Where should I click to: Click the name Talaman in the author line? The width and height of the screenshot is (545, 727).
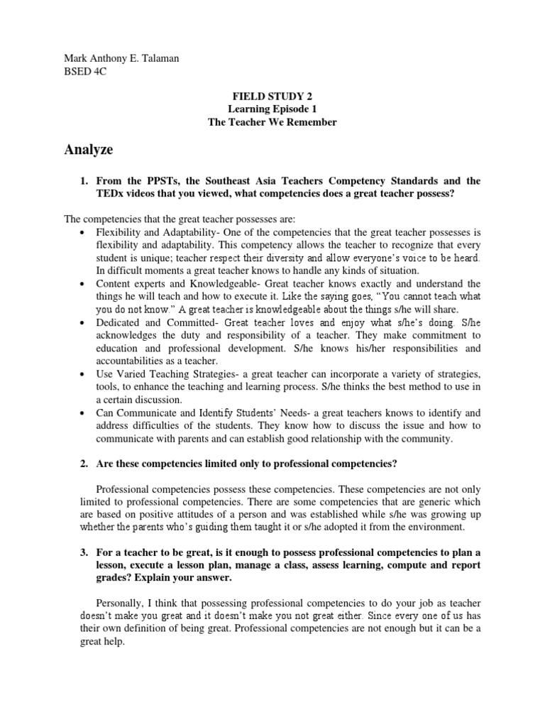(x=160, y=58)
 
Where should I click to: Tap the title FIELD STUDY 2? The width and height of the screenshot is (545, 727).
(x=272, y=97)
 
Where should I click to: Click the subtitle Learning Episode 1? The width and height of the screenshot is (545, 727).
(x=272, y=109)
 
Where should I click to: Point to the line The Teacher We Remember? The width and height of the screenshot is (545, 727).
(x=272, y=122)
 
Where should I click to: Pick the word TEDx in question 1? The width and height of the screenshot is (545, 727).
(x=112, y=195)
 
